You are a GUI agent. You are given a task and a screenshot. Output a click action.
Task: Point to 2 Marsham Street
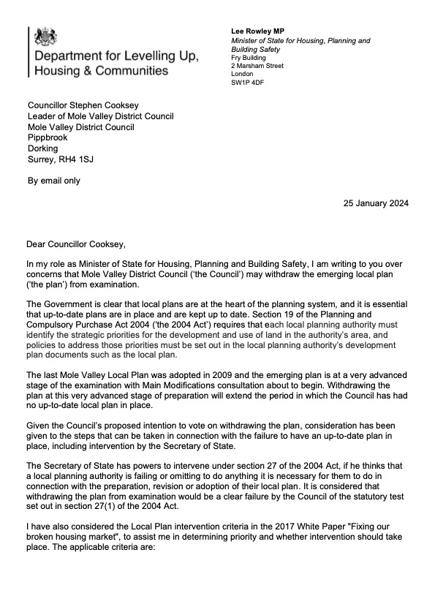[258, 65]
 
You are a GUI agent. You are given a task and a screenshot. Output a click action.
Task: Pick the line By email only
[53, 181]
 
